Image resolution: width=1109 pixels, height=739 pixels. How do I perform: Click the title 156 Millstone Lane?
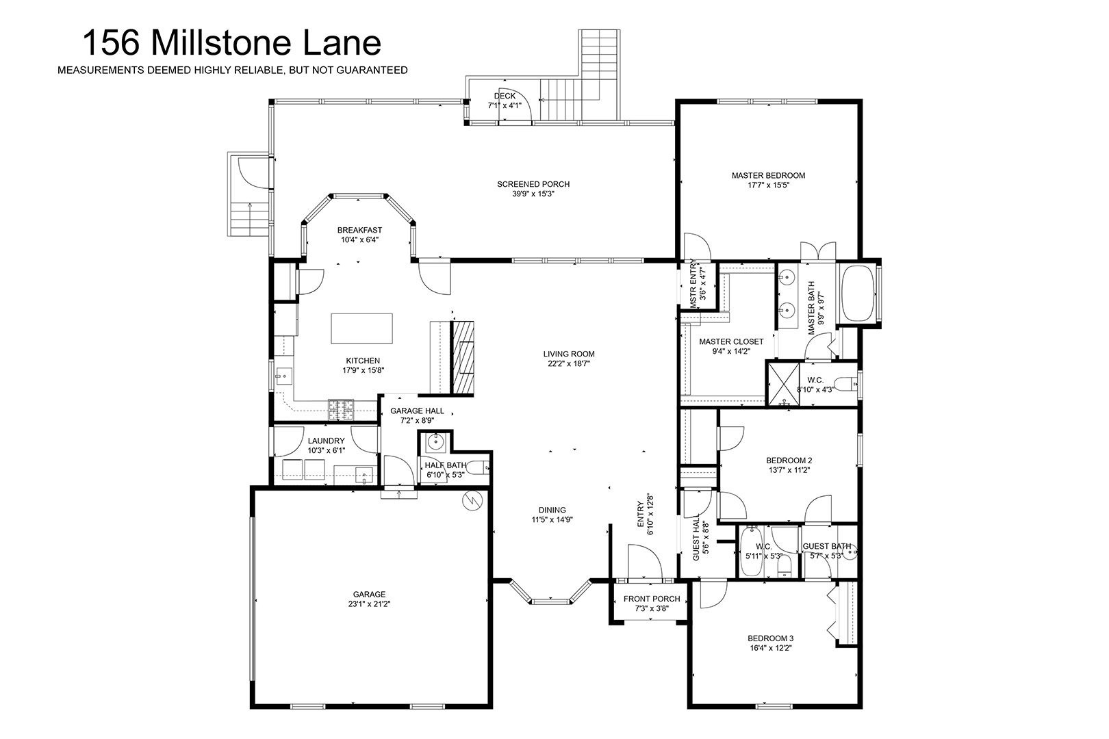(231, 42)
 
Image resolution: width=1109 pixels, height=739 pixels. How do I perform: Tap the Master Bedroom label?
(768, 175)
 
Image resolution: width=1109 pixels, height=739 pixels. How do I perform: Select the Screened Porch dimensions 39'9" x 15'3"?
(533, 194)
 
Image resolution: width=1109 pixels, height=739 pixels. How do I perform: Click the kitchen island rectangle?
(361, 328)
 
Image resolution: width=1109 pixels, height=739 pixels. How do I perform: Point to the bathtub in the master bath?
(860, 294)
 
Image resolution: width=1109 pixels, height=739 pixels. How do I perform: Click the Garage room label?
(369, 594)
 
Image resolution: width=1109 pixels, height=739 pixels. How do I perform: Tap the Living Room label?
(569, 354)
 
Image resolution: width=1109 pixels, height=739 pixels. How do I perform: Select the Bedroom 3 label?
(770, 638)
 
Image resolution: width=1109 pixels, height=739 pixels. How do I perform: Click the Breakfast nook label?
(359, 230)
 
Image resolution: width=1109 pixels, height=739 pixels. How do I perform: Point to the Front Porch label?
(652, 599)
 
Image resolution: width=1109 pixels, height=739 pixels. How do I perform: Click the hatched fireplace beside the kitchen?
(462, 357)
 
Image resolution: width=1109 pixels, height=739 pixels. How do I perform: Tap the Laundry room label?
(326, 441)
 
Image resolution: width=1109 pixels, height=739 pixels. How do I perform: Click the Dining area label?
(552, 510)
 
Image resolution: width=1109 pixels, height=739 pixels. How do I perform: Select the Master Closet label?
(731, 341)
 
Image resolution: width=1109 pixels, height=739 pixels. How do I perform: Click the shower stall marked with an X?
(783, 384)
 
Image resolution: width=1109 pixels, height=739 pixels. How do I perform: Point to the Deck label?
(505, 96)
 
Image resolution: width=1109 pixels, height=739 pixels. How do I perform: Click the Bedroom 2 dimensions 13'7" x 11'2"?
(789, 470)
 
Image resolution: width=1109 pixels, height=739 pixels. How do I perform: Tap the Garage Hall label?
(417, 411)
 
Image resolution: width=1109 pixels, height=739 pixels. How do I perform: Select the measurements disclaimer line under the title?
(233, 70)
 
